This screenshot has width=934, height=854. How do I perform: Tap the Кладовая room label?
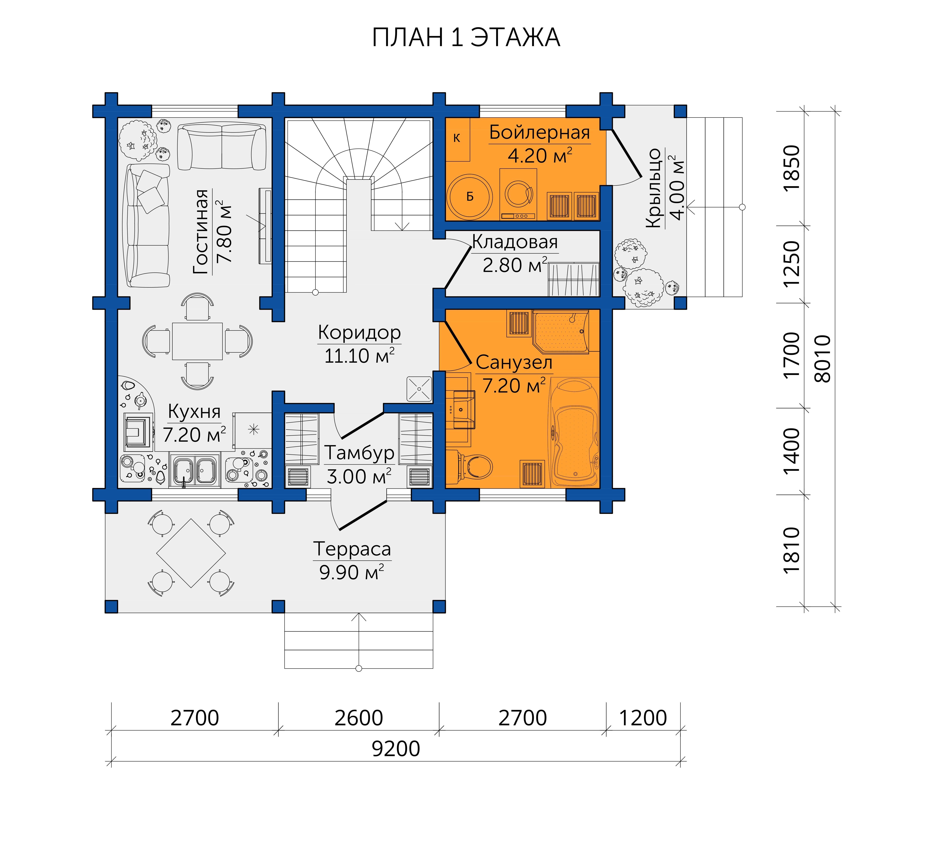[x=515, y=242]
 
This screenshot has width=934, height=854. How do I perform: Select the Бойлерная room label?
[x=540, y=133]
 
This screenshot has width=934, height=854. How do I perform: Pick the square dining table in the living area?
[x=197, y=341]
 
